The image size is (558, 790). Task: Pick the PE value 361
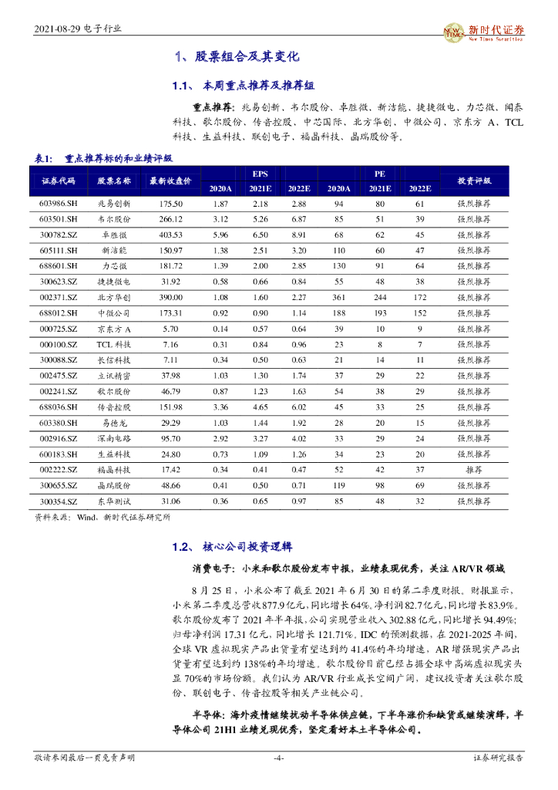pyautogui.click(x=338, y=297)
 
